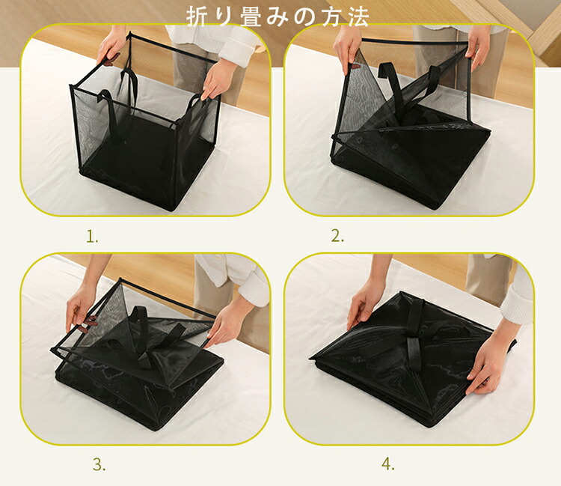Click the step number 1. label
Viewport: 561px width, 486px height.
coord(92,237)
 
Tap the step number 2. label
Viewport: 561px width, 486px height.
coord(337,236)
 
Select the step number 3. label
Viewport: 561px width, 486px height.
coord(99,464)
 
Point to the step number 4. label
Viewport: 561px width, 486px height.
coord(388,464)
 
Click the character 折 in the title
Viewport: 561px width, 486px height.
coord(197,16)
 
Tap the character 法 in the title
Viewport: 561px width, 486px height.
coord(358,16)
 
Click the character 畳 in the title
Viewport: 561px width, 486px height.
coord(251,16)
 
